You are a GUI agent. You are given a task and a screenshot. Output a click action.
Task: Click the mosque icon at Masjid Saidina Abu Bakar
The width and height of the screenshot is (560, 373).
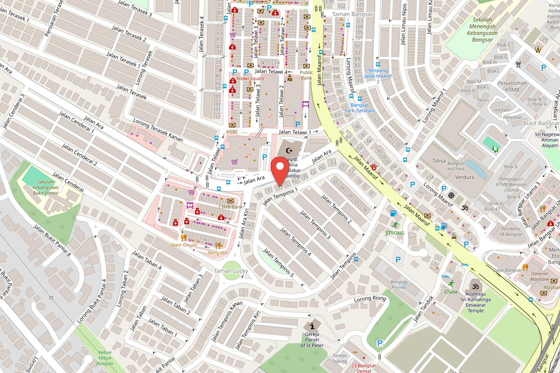[x=289, y=151]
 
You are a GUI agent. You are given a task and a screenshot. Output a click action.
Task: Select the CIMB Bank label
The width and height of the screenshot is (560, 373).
[x=230, y=207]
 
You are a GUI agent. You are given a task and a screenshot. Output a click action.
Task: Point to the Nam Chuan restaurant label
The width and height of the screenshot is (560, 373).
[x=184, y=245]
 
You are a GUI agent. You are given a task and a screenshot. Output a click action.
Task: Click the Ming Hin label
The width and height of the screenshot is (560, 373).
[x=218, y=253]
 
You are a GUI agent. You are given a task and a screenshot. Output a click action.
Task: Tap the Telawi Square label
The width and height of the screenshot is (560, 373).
[x=250, y=78]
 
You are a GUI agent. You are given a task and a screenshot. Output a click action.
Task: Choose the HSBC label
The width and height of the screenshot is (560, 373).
[x=232, y=132]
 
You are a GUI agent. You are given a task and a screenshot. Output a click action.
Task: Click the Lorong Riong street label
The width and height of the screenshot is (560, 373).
[x=371, y=298]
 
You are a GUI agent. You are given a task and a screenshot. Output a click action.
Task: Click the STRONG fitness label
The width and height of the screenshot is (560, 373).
[x=394, y=233]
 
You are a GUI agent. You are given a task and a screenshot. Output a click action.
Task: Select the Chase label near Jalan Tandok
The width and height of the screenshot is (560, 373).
[x=451, y=292]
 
